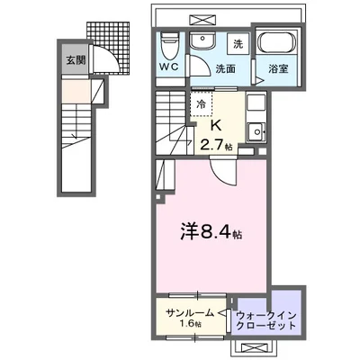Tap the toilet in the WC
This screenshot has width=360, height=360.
click(168, 44)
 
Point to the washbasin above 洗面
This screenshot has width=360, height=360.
click(202, 42)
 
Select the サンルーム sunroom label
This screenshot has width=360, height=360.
click(189, 311)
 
